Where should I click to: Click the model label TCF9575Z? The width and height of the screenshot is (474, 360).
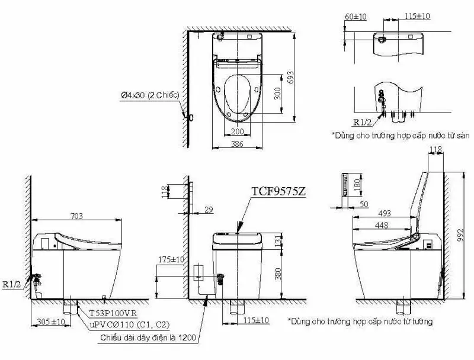pyautogui.click(x=278, y=192)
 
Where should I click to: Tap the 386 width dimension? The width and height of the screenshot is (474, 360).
pyautogui.click(x=236, y=143)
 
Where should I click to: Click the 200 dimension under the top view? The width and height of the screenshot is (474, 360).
pyautogui.click(x=237, y=131)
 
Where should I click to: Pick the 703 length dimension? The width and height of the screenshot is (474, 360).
pyautogui.click(x=76, y=216)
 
